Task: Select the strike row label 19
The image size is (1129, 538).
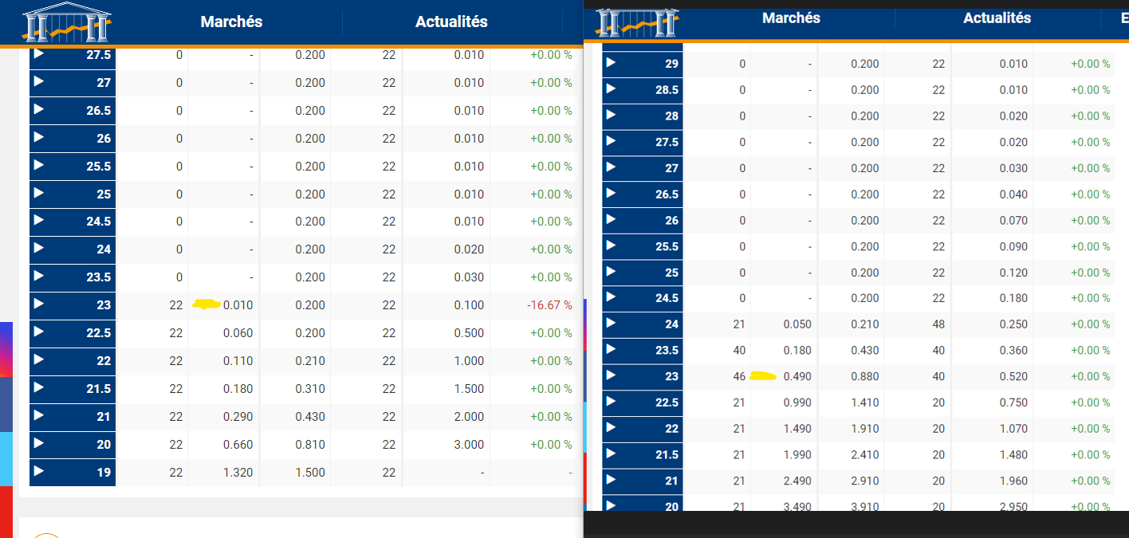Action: [x=104, y=473]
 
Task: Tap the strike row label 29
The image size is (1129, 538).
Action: [x=671, y=64]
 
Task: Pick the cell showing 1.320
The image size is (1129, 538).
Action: [x=238, y=473]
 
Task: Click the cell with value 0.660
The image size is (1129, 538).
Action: [x=238, y=445]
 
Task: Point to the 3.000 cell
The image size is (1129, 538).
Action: [x=469, y=445]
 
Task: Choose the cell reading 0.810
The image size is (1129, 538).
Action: [x=310, y=445]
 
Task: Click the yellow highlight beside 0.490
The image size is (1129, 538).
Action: [x=764, y=375]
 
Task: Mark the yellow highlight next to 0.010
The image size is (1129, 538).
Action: [x=207, y=304]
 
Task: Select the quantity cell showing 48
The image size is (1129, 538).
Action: [x=938, y=324]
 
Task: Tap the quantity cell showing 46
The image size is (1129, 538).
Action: [x=739, y=376]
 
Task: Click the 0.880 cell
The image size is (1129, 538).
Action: [x=864, y=376]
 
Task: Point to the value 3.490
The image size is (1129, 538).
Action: [x=797, y=507]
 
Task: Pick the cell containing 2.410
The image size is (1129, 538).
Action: [x=864, y=455]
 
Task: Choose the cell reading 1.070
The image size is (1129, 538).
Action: [x=1013, y=429]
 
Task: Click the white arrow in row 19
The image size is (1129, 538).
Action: [x=39, y=471]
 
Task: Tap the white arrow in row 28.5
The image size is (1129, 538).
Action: [x=612, y=88]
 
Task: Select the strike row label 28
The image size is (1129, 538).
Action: [x=671, y=116]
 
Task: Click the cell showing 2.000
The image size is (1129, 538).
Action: [x=469, y=417]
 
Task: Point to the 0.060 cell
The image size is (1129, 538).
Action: [x=238, y=333]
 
